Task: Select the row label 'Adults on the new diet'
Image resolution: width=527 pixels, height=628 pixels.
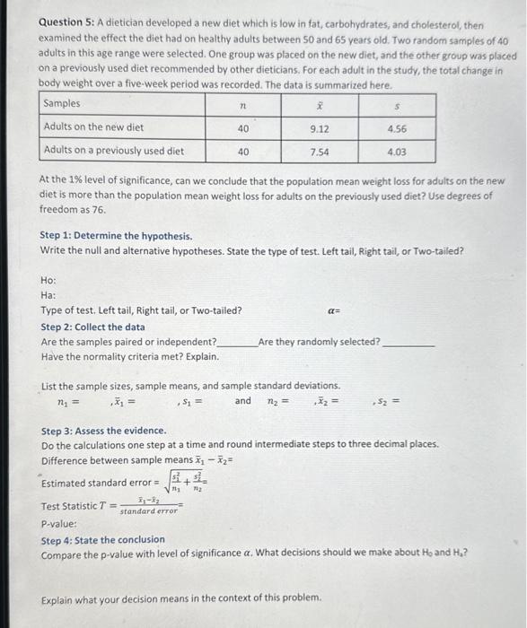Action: [x=93, y=128]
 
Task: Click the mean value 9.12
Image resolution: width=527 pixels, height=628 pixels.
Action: [x=319, y=128]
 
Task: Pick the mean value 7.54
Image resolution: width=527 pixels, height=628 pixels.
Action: [x=319, y=152]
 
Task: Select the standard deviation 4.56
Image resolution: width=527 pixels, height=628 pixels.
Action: [x=397, y=128]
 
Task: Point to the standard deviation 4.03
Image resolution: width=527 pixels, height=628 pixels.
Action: [x=397, y=152]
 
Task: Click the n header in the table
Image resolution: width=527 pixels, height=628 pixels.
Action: [x=242, y=105]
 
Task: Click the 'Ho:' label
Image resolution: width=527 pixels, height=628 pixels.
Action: [x=49, y=280]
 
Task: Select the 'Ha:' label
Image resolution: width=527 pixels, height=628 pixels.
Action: [x=49, y=295]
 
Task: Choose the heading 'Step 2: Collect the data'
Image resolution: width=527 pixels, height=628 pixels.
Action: [x=92, y=327]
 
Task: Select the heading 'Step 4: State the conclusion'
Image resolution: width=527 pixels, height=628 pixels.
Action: [x=103, y=539]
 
